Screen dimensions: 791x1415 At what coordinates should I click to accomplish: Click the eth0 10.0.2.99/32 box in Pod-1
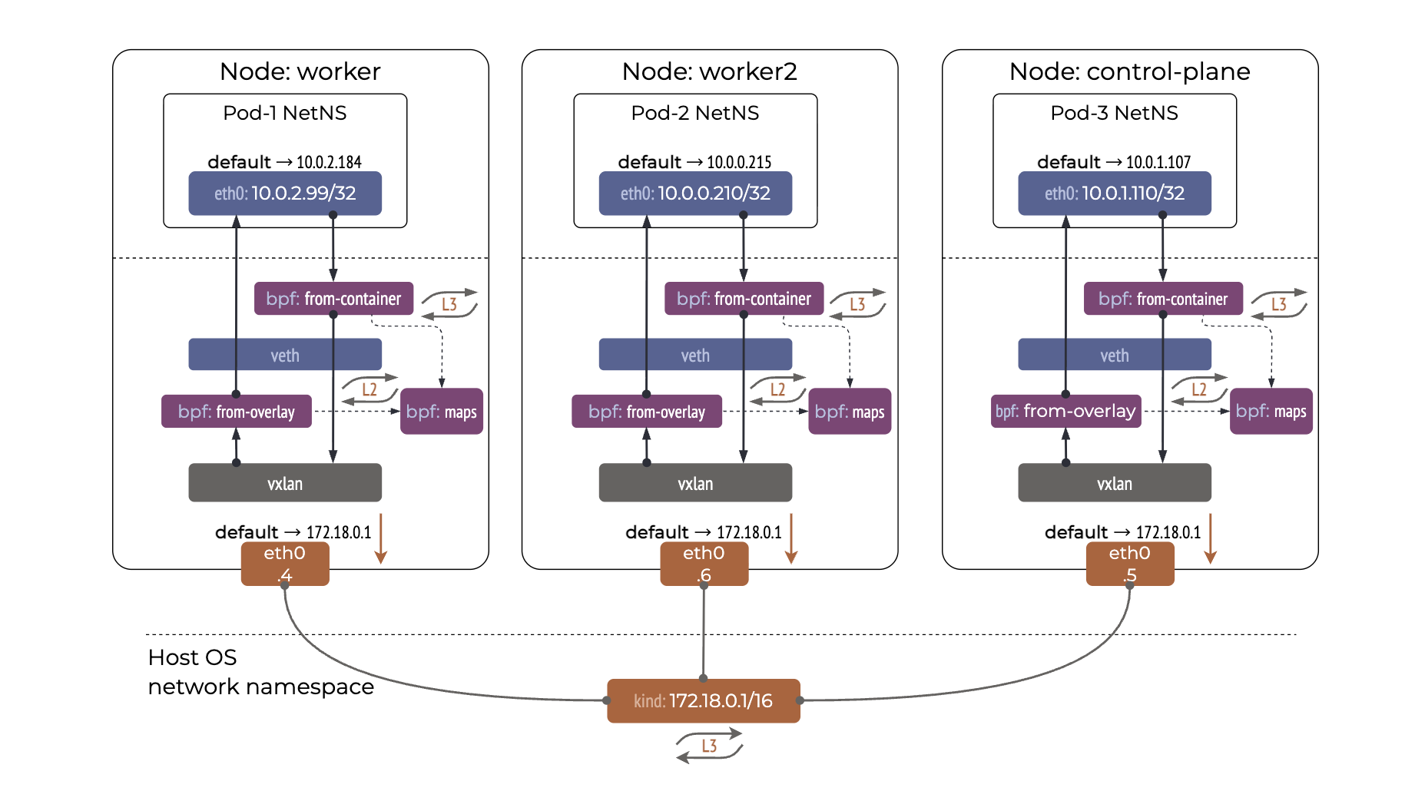click(285, 193)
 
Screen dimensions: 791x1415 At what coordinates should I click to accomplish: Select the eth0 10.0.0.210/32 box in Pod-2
click(695, 193)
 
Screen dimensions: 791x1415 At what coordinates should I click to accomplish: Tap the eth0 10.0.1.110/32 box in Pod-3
click(1114, 193)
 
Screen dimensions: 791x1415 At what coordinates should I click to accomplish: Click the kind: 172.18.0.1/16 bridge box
click(703, 700)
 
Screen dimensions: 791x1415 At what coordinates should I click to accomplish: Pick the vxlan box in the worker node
click(285, 483)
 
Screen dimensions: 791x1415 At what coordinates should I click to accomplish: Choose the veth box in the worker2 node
click(695, 355)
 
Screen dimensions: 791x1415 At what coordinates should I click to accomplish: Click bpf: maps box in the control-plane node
click(1271, 412)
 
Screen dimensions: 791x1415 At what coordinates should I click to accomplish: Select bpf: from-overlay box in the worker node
click(236, 412)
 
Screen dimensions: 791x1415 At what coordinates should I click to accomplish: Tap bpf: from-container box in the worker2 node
click(744, 299)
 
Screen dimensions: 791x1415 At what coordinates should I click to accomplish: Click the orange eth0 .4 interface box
click(285, 563)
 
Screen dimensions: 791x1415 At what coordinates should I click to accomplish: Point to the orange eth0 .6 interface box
click(704, 563)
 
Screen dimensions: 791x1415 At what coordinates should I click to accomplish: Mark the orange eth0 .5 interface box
click(1129, 563)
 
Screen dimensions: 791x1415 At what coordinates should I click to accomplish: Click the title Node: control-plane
click(1129, 71)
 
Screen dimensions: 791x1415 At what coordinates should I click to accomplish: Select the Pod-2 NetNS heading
click(694, 113)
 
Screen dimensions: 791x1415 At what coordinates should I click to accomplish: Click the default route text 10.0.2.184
click(329, 162)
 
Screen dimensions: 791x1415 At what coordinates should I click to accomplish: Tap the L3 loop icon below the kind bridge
click(709, 746)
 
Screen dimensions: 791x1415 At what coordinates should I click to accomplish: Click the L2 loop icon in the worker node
click(369, 389)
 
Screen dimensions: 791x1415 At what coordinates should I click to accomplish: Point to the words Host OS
click(192, 657)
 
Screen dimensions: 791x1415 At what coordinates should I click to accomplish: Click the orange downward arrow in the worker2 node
click(790, 538)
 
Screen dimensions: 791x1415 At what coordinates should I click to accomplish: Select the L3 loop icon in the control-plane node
click(1278, 304)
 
